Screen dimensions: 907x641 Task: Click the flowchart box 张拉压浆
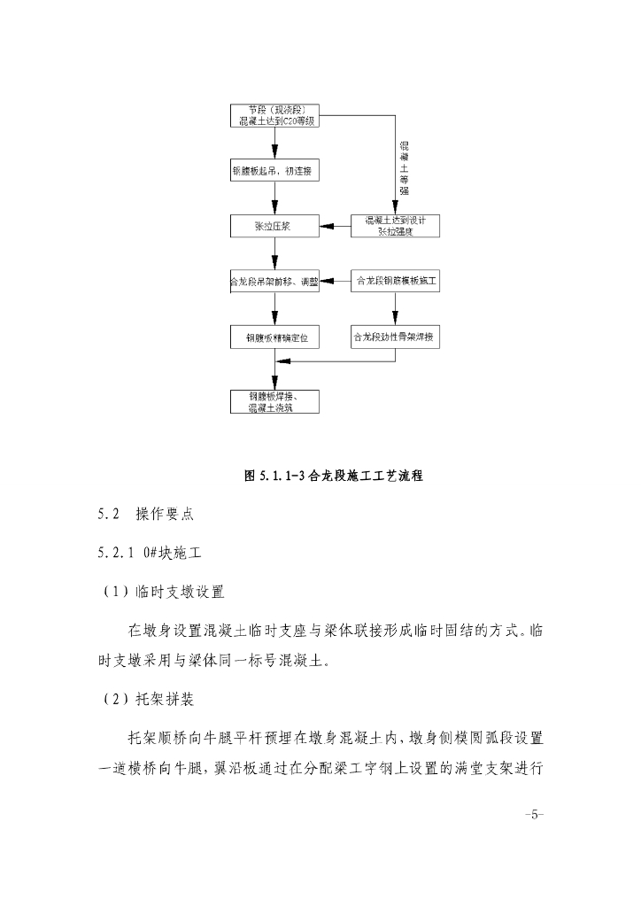(x=273, y=227)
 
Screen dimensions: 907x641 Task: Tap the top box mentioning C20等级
(x=273, y=115)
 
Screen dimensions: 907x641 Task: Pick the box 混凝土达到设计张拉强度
(x=395, y=227)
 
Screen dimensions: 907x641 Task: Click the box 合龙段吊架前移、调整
(x=273, y=282)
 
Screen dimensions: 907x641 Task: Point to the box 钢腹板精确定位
(x=273, y=337)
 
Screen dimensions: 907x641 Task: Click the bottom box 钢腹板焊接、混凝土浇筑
(x=273, y=401)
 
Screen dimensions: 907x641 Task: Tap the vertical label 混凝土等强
(x=404, y=167)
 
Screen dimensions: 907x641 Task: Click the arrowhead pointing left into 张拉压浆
(x=324, y=227)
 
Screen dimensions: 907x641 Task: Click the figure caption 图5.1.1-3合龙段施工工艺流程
(x=333, y=476)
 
